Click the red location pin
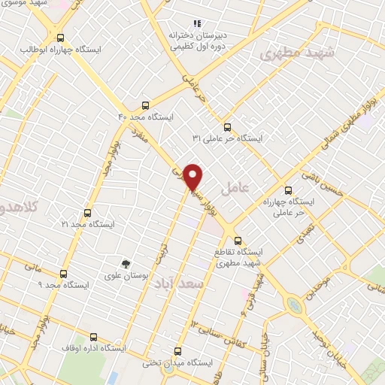[193, 176]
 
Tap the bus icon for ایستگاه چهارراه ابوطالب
[60, 37]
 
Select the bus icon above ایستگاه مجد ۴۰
[146, 106]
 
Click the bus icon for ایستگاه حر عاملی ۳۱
[228, 126]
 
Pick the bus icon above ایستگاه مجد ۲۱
[87, 213]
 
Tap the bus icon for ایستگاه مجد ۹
[62, 274]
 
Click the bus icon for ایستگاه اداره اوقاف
[93, 337]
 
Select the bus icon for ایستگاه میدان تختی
[178, 351]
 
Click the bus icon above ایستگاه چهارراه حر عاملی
[288, 190]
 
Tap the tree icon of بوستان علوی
[126, 264]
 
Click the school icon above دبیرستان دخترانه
[198, 23]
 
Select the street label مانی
[32, 265]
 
